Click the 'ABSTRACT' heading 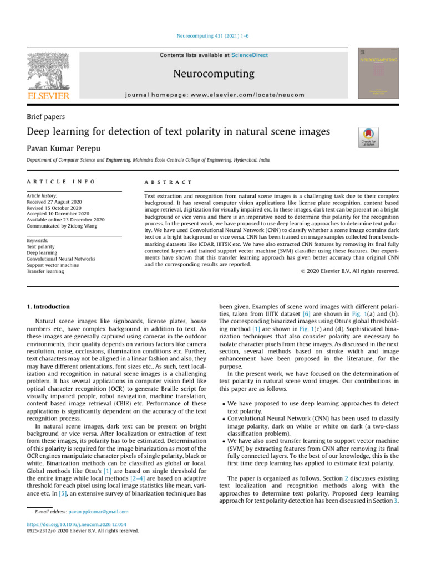[x=168, y=182]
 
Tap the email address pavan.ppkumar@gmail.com [x=102, y=512]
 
